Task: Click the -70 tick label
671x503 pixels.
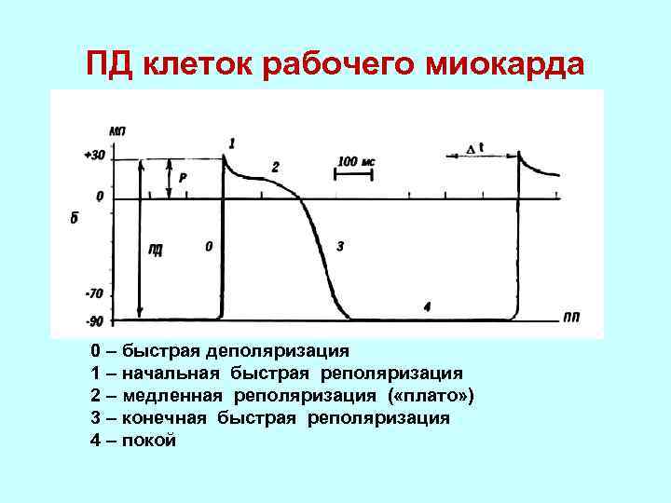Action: point(93,293)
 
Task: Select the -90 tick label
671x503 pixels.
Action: point(93,321)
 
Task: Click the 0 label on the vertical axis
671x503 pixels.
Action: point(100,197)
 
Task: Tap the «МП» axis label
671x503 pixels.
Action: point(117,132)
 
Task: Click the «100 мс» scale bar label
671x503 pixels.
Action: point(356,161)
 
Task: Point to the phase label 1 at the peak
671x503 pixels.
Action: point(231,143)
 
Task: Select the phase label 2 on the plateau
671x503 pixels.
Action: point(275,167)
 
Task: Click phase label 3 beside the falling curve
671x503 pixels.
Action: point(339,247)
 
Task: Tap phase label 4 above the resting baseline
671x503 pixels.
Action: point(427,306)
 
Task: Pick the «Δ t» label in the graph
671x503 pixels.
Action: point(475,147)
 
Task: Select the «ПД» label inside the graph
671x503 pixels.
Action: point(156,248)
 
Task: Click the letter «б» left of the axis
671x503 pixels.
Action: point(73,219)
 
